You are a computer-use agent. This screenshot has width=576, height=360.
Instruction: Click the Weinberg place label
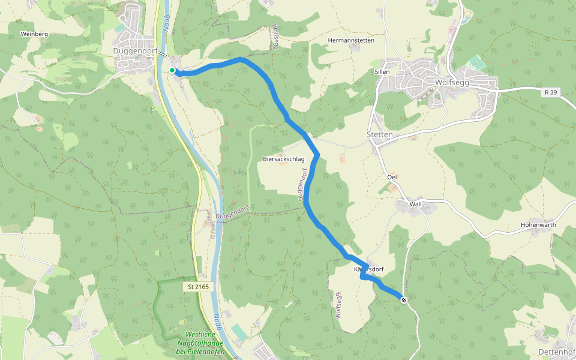(x=34, y=34)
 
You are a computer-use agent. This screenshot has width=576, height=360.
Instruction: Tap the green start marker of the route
(x=172, y=70)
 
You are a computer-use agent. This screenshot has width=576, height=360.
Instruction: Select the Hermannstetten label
(x=351, y=40)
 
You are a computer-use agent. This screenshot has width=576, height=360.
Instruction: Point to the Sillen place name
(x=382, y=71)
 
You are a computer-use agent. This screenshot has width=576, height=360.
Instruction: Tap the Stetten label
(x=379, y=134)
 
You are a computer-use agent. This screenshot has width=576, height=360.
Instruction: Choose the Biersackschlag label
(x=284, y=159)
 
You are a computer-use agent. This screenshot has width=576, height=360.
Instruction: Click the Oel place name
(x=392, y=177)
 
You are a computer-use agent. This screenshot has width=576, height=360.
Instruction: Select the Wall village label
(x=415, y=204)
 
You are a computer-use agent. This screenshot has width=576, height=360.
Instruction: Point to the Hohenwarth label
(x=538, y=225)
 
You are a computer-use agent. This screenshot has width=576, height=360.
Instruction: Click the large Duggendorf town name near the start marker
(x=135, y=52)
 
